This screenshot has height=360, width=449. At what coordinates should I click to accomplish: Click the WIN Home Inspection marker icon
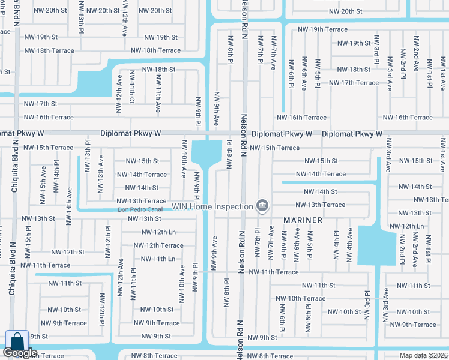[x=262, y=206]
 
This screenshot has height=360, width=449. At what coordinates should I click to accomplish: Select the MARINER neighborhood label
[x=303, y=220]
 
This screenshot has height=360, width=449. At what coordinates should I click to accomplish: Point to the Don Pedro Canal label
[x=140, y=209]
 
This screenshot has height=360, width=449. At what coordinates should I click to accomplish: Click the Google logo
[x=20, y=353]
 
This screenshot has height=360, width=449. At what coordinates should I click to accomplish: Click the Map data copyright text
[x=423, y=355]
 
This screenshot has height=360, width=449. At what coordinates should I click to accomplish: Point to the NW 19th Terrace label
[x=322, y=29]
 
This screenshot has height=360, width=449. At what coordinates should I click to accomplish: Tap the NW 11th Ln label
[x=158, y=259]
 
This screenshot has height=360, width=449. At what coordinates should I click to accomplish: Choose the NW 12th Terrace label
[x=158, y=245]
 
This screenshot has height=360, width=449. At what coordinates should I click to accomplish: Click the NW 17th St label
[x=41, y=104]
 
